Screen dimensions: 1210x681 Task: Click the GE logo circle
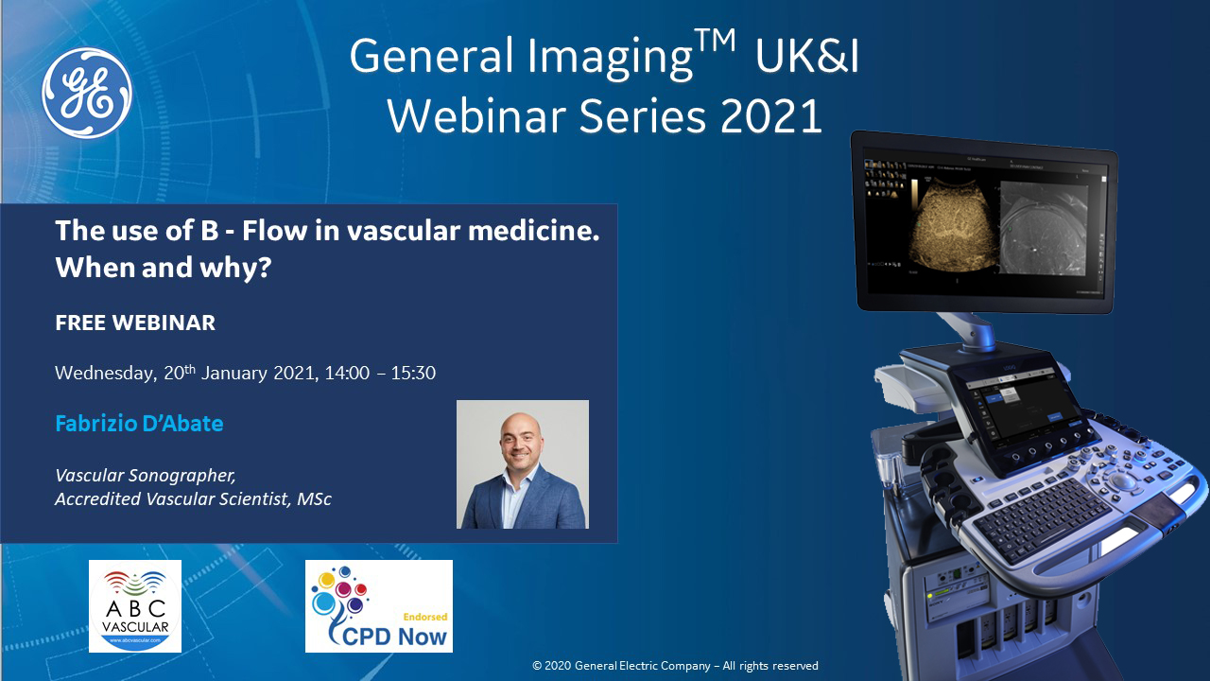pyautogui.click(x=87, y=93)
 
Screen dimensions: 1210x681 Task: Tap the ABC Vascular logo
pyautogui.click(x=135, y=606)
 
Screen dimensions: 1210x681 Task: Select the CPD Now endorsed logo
pyautogui.click(x=379, y=606)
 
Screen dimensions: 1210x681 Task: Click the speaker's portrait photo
pyautogui.click(x=523, y=464)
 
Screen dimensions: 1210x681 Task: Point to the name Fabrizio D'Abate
pyautogui.click(x=139, y=423)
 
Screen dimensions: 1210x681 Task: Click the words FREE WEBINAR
pyautogui.click(x=135, y=323)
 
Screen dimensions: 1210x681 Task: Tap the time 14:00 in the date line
pyautogui.click(x=347, y=373)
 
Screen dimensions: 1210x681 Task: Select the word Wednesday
pyautogui.click(x=106, y=374)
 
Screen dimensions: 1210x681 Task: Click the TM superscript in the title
pyautogui.click(x=715, y=41)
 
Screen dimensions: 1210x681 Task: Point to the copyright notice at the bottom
pyautogui.click(x=675, y=665)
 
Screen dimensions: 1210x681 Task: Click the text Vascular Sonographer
pyautogui.click(x=146, y=476)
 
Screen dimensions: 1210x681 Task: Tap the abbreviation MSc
pyautogui.click(x=314, y=498)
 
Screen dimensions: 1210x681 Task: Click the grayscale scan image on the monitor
pyautogui.click(x=1044, y=228)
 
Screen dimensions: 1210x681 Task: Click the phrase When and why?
pyautogui.click(x=164, y=268)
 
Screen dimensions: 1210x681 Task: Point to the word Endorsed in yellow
pyautogui.click(x=425, y=617)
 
